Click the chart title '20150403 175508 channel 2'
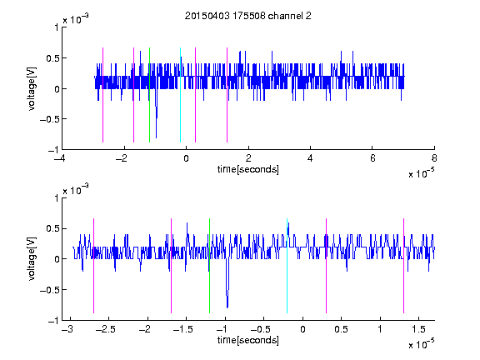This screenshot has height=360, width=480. [x=248, y=16]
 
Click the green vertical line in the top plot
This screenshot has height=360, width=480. [x=149, y=95]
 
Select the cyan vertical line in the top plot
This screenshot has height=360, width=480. [x=180, y=95]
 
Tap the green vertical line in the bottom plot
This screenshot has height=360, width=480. [x=209, y=266]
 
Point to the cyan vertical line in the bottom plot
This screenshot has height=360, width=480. [x=287, y=266]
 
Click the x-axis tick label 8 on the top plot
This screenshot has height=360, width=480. [x=434, y=158]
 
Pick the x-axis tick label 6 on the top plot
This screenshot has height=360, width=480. [x=372, y=158]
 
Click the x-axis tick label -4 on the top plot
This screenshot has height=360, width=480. [x=60, y=158]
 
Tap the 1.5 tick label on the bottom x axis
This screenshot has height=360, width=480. [x=418, y=329]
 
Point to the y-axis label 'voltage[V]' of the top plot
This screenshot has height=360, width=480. [x=32, y=89]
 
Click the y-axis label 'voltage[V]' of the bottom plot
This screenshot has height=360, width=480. [x=32, y=259]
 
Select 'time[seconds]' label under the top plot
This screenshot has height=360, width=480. [x=248, y=169]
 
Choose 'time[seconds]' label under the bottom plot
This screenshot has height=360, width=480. [x=248, y=340]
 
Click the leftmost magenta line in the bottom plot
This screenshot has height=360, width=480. [x=93, y=266]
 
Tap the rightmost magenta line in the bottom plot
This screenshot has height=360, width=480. [x=403, y=266]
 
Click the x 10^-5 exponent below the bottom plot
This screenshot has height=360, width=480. [x=421, y=344]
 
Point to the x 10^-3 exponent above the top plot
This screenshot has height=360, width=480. [x=76, y=19]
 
